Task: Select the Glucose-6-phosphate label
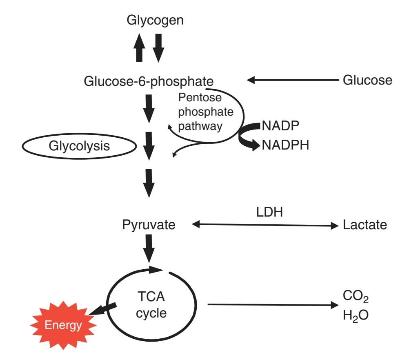tap(149, 81)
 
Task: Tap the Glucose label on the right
tap(367, 80)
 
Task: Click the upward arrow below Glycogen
tap(140, 48)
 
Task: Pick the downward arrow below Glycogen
tap(158, 48)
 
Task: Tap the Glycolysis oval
tap(79, 146)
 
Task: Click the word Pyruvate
tap(149, 226)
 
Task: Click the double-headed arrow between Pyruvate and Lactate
tap(265, 225)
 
